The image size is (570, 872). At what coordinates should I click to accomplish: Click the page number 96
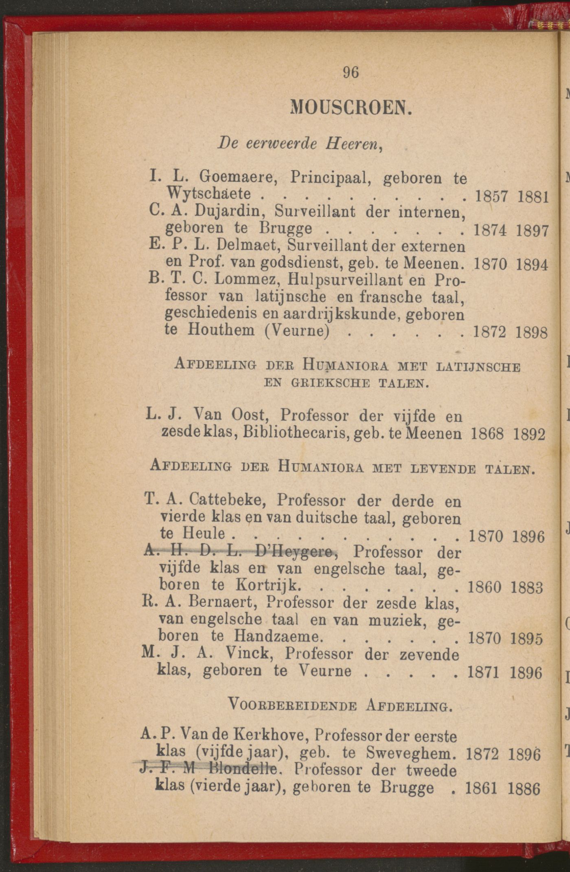tap(351, 72)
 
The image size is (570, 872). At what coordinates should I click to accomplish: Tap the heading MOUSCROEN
tap(351, 108)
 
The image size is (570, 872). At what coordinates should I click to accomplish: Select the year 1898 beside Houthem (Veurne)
tap(531, 333)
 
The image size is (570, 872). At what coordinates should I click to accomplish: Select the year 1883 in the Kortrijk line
tap(527, 588)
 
